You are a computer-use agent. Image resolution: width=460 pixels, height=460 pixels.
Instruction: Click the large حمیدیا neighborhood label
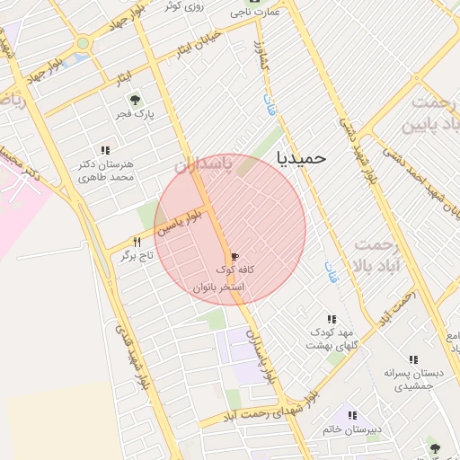(303, 157)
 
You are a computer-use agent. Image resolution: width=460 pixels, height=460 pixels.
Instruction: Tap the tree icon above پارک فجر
(134, 101)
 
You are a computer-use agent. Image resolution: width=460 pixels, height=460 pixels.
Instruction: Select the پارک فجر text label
(134, 115)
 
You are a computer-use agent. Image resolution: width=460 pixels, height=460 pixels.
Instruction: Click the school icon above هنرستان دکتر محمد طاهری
(105, 151)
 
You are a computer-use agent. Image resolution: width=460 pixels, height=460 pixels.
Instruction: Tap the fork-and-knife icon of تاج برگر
(137, 242)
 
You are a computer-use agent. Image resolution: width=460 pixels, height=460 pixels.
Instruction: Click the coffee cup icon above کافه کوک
(235, 256)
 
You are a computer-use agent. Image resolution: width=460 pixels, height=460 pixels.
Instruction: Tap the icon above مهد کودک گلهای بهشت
(332, 319)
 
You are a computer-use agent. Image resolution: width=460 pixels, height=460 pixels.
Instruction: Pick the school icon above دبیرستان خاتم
(352, 416)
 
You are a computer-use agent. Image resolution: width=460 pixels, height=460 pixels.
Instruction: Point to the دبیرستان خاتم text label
(352, 430)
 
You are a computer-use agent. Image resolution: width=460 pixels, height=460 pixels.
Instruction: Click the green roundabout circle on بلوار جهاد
(83, 42)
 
